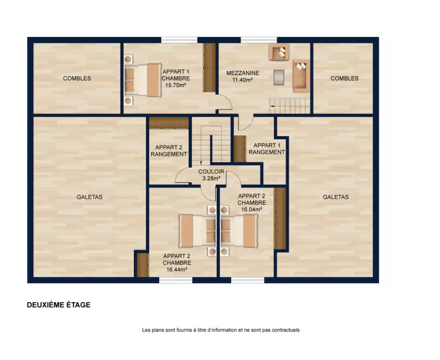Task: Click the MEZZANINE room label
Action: (x=243, y=73)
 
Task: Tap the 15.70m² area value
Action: (x=176, y=85)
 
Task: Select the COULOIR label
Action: (x=211, y=172)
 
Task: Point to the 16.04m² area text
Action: (x=252, y=210)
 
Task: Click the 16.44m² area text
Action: (x=177, y=269)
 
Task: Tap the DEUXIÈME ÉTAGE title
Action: (x=59, y=305)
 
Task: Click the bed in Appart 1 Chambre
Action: (x=143, y=80)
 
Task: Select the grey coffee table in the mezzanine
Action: (x=279, y=77)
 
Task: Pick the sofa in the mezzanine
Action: (x=301, y=76)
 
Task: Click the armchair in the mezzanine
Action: (x=279, y=52)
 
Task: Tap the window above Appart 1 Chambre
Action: (x=179, y=40)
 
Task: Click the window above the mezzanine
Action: (x=259, y=40)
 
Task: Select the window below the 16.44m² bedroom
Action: (x=176, y=280)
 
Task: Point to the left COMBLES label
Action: (x=77, y=78)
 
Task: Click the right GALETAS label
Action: (x=336, y=197)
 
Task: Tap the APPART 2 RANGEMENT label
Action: (x=169, y=151)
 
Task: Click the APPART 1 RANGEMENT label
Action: (x=267, y=149)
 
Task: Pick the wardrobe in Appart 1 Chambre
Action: (x=209, y=68)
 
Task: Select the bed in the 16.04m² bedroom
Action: (x=239, y=231)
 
